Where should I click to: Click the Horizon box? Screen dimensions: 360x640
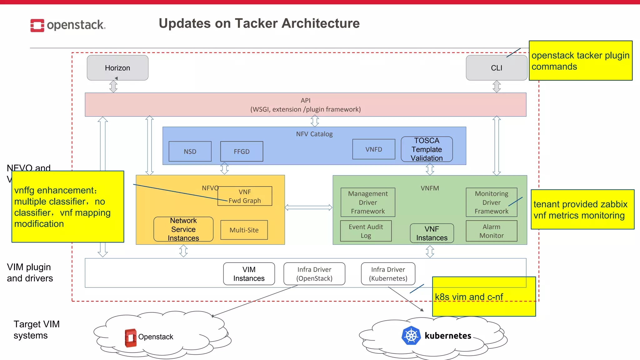click(x=117, y=68)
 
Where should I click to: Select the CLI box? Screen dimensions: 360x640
click(x=496, y=68)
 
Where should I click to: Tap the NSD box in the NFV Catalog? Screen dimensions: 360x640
click(x=190, y=152)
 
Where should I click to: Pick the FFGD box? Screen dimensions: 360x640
click(x=242, y=152)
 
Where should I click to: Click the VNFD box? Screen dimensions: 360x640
click(x=374, y=149)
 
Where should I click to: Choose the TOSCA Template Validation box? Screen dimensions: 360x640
click(x=427, y=149)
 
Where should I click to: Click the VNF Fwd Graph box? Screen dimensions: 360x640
click(x=245, y=196)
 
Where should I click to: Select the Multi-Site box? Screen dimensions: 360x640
click(x=244, y=230)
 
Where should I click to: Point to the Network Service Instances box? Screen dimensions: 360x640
click(x=183, y=229)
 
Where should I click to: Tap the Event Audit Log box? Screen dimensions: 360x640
click(x=366, y=231)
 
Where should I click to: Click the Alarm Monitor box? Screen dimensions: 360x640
click(x=491, y=231)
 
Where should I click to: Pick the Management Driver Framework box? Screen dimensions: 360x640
click(x=368, y=202)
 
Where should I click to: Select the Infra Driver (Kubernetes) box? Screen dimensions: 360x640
click(x=388, y=274)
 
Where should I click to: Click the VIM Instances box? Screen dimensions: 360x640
click(x=249, y=274)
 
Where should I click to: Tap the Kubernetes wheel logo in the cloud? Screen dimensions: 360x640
click(x=411, y=336)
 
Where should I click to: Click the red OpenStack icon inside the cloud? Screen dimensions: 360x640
click(x=131, y=338)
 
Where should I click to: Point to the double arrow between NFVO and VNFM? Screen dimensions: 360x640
click(x=308, y=207)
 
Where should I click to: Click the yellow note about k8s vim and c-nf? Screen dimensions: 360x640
click(x=484, y=297)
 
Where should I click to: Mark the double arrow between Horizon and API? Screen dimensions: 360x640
click(x=113, y=87)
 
